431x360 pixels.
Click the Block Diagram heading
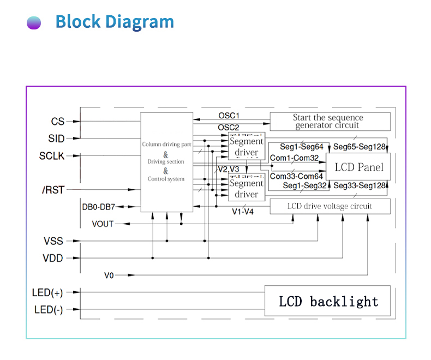(115, 22)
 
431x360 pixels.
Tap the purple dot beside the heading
(34, 23)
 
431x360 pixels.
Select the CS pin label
(58, 122)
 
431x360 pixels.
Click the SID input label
(56, 139)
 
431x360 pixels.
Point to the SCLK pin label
(52, 156)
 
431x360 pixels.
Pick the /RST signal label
(53, 190)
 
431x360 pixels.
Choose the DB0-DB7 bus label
(98, 207)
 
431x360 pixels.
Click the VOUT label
(103, 224)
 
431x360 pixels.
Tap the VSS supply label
(53, 241)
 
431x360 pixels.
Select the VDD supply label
(53, 258)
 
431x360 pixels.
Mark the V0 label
(109, 275)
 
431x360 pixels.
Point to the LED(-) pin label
(49, 310)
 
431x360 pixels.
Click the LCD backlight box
(327, 301)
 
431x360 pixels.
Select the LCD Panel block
(358, 167)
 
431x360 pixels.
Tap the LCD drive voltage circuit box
(330, 206)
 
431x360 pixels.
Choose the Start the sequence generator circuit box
(330, 121)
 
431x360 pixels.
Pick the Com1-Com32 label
(295, 158)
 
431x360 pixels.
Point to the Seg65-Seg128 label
(359, 147)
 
